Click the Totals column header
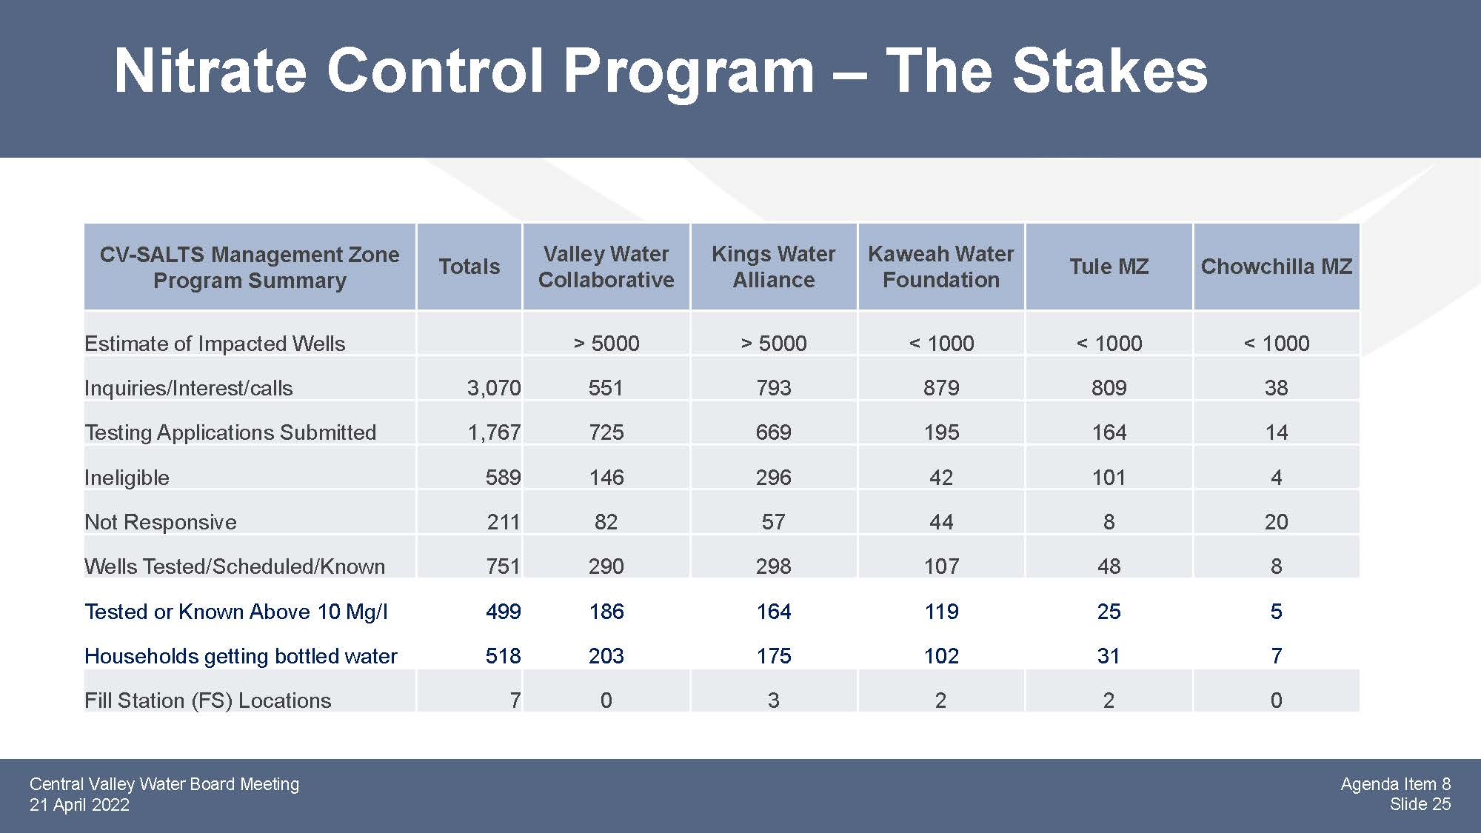[x=469, y=267]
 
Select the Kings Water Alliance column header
[x=773, y=267]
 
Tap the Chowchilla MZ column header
[x=1276, y=267]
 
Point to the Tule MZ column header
[x=1109, y=267]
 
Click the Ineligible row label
[x=127, y=478]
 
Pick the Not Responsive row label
[x=161, y=522]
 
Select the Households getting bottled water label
[x=241, y=656]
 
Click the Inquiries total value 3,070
[x=494, y=388]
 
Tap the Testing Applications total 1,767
[x=494, y=432]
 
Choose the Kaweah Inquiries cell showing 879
[x=941, y=388]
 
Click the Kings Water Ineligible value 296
[x=773, y=478]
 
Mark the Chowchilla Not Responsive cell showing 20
[x=1276, y=522]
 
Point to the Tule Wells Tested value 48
[x=1109, y=566]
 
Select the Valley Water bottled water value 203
[x=606, y=656]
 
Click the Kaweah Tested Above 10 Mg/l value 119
[x=941, y=612]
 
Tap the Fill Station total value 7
[x=515, y=700]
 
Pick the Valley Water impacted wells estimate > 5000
[x=606, y=344]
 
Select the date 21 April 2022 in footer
[x=79, y=805]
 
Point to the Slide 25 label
[x=1420, y=804]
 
